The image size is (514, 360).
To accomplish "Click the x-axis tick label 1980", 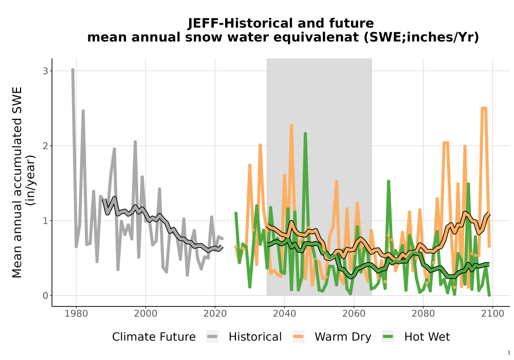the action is pyautogui.click(x=77, y=314).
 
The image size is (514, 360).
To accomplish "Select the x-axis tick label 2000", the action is pyautogui.click(x=145, y=314).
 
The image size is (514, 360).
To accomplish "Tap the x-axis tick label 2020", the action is pyautogui.click(x=215, y=314).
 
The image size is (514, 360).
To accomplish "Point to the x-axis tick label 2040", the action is pyautogui.click(x=284, y=314).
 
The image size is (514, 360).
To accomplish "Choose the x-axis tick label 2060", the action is pyautogui.click(x=354, y=314).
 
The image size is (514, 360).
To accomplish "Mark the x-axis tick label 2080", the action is pyautogui.click(x=423, y=314).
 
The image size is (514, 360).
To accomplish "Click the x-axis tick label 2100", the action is pyautogui.click(x=492, y=314).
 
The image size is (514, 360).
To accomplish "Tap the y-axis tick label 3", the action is pyautogui.click(x=45, y=71).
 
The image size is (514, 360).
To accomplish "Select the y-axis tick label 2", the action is pyautogui.click(x=45, y=146).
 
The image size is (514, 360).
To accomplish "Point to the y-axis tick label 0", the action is pyautogui.click(x=45, y=295).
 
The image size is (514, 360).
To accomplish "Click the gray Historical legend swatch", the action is pyautogui.click(x=212, y=337).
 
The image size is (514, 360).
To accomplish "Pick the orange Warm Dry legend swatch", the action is pyautogui.click(x=298, y=337).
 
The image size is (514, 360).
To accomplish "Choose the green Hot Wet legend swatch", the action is pyautogui.click(x=388, y=337).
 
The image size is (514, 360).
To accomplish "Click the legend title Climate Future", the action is pyautogui.click(x=154, y=337).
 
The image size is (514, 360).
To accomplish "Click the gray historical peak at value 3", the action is pyautogui.click(x=73, y=70).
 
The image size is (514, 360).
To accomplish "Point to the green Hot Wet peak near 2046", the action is pyautogui.click(x=305, y=134).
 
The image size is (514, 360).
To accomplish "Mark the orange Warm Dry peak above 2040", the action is pyautogui.click(x=291, y=125).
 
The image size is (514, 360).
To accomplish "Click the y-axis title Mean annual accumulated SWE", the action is pyautogui.click(x=17, y=182).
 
